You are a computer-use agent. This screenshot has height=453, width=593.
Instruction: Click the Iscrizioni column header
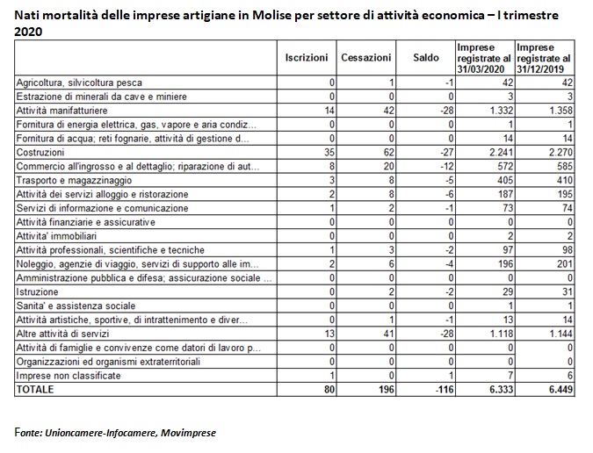(307, 57)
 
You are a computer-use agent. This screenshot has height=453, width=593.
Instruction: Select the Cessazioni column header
(365, 57)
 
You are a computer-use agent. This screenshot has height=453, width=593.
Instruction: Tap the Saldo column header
(426, 57)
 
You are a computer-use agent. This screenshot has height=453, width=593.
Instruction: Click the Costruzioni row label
(40, 152)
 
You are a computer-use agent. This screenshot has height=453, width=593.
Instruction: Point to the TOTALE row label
(35, 389)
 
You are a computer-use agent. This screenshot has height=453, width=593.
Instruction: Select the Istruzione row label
(37, 291)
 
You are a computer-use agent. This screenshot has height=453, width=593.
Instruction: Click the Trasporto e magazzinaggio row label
(74, 180)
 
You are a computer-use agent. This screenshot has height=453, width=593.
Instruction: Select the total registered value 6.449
(560, 389)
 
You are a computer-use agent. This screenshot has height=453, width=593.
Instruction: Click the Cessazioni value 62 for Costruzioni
(388, 152)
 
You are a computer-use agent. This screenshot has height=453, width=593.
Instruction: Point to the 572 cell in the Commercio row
(505, 166)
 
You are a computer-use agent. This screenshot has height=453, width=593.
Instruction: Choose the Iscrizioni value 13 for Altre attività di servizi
(329, 334)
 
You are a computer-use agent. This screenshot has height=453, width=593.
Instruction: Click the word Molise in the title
(271, 15)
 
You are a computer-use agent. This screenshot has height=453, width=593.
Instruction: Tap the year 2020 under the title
(28, 32)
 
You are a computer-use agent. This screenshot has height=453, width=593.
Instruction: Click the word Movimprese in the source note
(188, 433)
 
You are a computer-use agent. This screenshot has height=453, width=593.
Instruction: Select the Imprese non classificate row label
(69, 376)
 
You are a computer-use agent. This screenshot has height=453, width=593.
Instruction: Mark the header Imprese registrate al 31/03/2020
(484, 58)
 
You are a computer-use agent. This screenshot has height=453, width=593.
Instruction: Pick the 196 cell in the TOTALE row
(387, 389)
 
